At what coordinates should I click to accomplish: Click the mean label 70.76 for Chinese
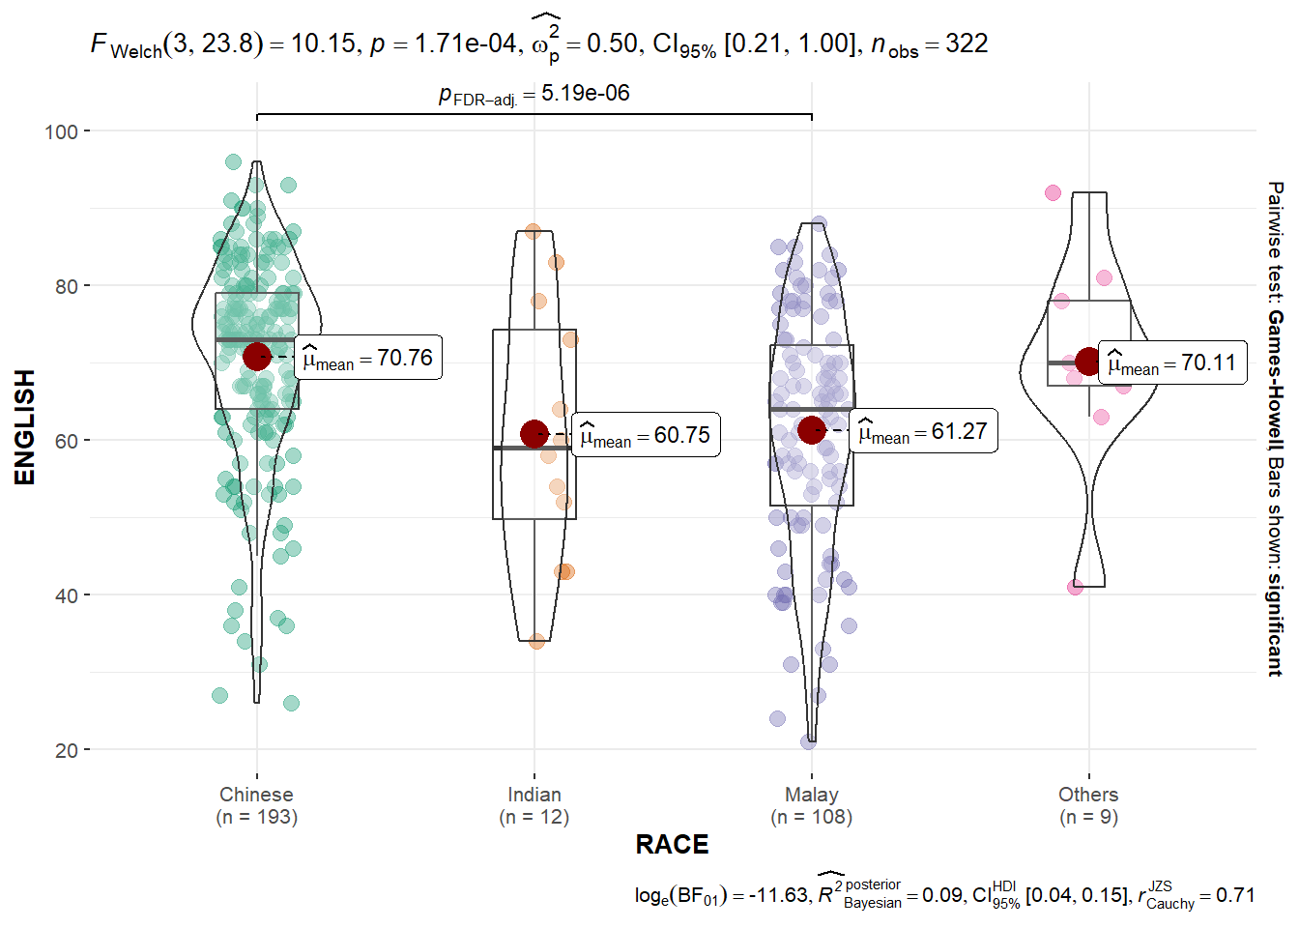tap(368, 358)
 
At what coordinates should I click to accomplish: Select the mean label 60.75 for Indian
tap(646, 435)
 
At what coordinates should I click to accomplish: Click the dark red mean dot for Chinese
tap(256, 357)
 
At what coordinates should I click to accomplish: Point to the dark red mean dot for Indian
tap(534, 434)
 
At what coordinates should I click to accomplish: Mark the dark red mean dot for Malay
tap(812, 430)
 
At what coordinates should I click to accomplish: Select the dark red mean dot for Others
tap(1088, 362)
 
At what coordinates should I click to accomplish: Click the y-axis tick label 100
tap(61, 131)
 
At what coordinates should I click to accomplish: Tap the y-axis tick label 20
tap(66, 750)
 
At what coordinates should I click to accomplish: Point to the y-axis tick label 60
tap(66, 441)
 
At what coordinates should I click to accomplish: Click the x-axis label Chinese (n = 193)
tap(256, 805)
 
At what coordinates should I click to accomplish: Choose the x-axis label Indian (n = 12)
tap(534, 805)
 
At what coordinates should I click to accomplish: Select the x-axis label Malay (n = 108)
tap(812, 805)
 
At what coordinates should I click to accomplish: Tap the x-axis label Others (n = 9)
tap(1088, 805)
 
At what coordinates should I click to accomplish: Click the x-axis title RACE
tap(672, 845)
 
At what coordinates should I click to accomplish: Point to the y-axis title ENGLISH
tap(25, 426)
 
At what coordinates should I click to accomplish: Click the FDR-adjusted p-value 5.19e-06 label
tap(534, 94)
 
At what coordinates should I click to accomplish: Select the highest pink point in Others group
tap(1053, 193)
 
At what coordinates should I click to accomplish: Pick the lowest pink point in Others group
tap(1075, 587)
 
